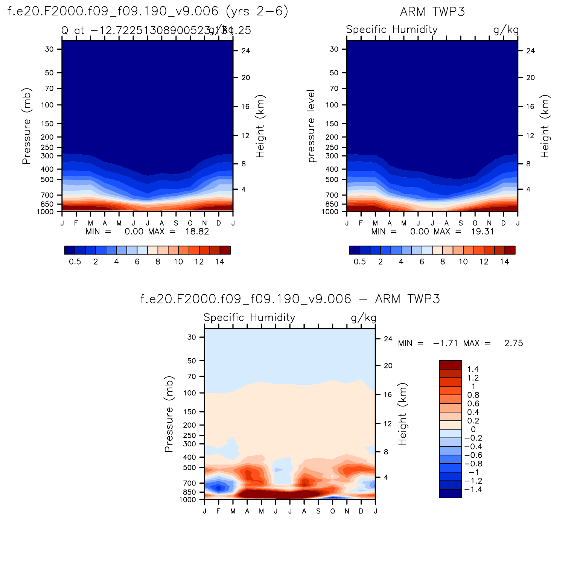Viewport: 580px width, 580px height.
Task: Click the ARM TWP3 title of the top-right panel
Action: click(432, 12)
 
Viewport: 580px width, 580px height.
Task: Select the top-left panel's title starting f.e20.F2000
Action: click(148, 12)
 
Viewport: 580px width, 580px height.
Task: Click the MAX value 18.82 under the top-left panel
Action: click(197, 231)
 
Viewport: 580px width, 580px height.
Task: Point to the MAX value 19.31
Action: click(482, 231)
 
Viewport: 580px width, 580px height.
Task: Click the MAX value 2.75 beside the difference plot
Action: click(513, 343)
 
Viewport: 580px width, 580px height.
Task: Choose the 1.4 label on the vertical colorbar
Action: click(473, 369)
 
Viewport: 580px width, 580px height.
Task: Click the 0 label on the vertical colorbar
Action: click(473, 429)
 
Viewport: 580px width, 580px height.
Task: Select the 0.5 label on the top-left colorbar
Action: click(75, 262)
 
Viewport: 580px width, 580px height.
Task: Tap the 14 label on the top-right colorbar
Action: click(504, 262)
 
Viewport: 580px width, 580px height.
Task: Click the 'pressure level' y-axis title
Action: click(311, 126)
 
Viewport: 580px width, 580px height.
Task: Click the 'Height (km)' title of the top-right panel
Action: click(545, 126)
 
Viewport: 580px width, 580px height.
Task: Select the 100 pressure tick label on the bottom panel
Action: click(189, 393)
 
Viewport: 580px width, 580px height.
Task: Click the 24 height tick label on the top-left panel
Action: click(245, 51)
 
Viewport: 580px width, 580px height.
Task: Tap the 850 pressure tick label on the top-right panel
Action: click(332, 204)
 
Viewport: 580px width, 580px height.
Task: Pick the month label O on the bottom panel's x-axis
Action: click(332, 511)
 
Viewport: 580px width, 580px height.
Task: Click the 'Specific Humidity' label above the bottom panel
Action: click(249, 318)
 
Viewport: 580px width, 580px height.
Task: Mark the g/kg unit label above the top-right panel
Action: click(506, 30)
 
